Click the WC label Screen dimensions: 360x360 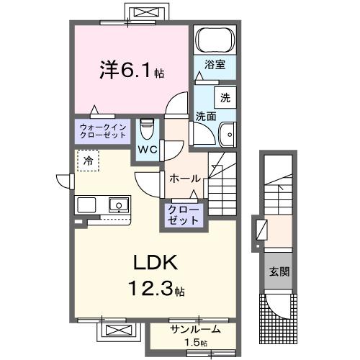point(148,149)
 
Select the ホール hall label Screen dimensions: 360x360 point(184,178)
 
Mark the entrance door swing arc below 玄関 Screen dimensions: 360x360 point(277,306)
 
